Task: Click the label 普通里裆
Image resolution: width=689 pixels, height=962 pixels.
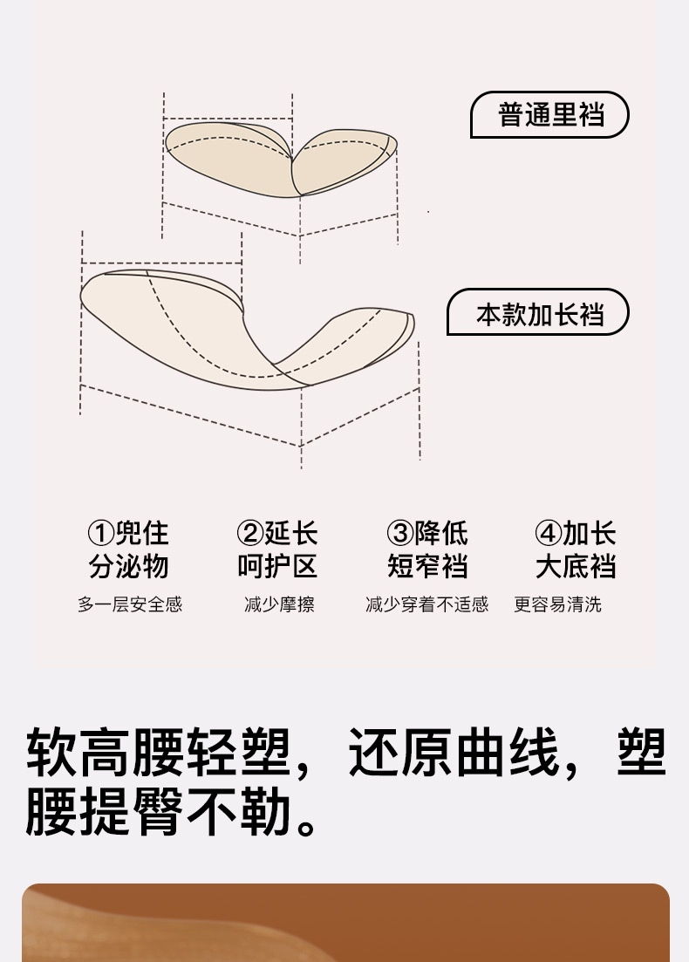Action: pyautogui.click(x=550, y=115)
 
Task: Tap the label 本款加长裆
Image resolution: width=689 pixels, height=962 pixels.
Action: pyautogui.click(x=539, y=313)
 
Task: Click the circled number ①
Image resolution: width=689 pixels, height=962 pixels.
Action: pyautogui.click(x=101, y=533)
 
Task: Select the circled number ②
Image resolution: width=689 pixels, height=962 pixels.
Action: pyautogui.click(x=250, y=533)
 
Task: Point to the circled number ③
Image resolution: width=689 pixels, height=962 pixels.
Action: pyautogui.click(x=400, y=533)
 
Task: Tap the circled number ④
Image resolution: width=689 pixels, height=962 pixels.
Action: pyautogui.click(x=549, y=533)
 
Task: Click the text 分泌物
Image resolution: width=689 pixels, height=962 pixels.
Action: pyautogui.click(x=128, y=567)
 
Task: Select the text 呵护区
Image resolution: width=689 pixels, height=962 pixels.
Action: pyautogui.click(x=277, y=567)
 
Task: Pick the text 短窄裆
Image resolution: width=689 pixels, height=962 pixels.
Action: pyautogui.click(x=427, y=567)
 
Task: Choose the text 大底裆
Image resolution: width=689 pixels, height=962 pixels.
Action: pyautogui.click(x=576, y=567)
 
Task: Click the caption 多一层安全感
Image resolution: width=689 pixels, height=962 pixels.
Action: pyautogui.click(x=130, y=604)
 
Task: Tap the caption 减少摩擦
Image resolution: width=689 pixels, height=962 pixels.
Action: pyautogui.click(x=279, y=604)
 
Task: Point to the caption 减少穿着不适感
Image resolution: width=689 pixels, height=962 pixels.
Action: pyautogui.click(x=426, y=604)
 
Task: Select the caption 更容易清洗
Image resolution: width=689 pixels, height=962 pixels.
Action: pyautogui.click(x=557, y=604)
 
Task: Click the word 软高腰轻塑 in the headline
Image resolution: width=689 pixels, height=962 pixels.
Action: pyautogui.click(x=157, y=752)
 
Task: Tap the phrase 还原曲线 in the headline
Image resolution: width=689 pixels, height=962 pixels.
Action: pyautogui.click(x=454, y=752)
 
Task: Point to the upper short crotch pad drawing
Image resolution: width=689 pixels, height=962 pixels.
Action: pyautogui.click(x=281, y=159)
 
